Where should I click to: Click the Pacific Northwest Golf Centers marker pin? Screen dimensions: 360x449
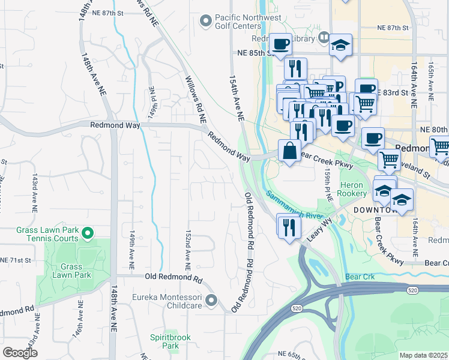coord(206,22)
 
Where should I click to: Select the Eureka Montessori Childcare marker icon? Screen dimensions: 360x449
coord(211,300)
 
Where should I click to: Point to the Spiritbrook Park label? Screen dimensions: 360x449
coord(170,341)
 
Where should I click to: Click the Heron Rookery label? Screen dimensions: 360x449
coord(353,189)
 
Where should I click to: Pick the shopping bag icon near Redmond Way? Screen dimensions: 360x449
coord(289,151)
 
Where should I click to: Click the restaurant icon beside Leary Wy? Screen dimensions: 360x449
coord(289,226)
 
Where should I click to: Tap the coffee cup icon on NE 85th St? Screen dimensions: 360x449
coord(280,44)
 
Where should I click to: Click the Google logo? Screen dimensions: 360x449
coord(20,353)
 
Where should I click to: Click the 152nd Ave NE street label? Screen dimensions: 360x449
coord(188,248)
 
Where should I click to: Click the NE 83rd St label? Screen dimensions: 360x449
coord(393,93)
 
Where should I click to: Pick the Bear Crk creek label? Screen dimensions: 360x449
coord(360,277)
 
